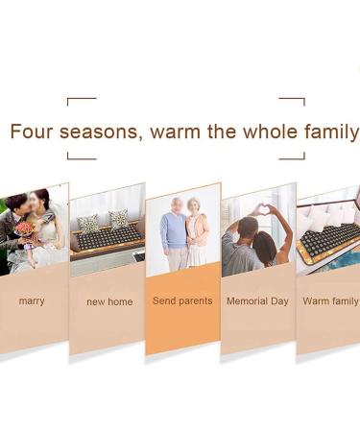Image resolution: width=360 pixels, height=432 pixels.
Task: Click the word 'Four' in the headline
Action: (x=33, y=132)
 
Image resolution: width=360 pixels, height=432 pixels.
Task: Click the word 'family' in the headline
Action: (x=331, y=132)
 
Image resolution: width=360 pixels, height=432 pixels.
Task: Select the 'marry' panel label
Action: (x=32, y=301)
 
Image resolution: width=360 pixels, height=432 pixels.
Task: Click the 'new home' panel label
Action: (x=109, y=302)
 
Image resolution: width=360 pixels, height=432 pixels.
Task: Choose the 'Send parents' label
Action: (x=182, y=301)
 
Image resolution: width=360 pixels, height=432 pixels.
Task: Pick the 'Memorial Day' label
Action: (x=257, y=301)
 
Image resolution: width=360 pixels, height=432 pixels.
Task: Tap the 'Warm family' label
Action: (x=330, y=301)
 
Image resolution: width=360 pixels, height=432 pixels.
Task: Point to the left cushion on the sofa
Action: (x=88, y=223)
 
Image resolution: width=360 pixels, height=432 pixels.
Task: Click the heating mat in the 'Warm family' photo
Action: (x=326, y=240)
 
